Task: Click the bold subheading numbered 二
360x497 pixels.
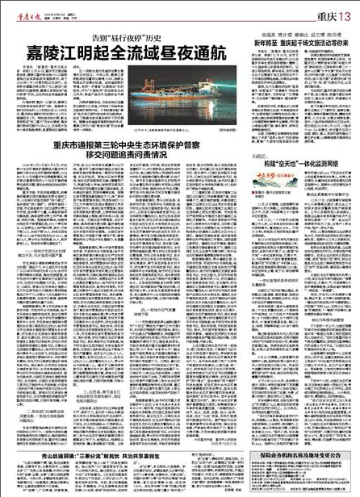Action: coord(36,389)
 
